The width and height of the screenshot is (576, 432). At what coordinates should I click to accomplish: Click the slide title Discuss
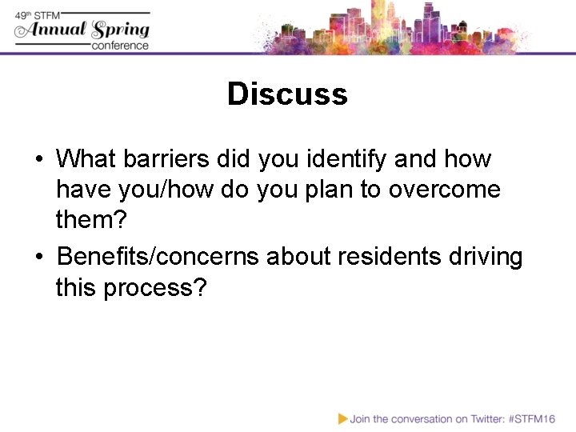click(x=287, y=94)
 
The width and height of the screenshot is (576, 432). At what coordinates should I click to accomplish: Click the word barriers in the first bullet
click(x=166, y=158)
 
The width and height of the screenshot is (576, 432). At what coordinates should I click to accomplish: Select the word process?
click(x=154, y=287)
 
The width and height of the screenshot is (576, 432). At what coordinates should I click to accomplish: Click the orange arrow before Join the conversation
click(x=342, y=418)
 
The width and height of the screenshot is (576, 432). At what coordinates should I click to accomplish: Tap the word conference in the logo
click(x=120, y=46)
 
